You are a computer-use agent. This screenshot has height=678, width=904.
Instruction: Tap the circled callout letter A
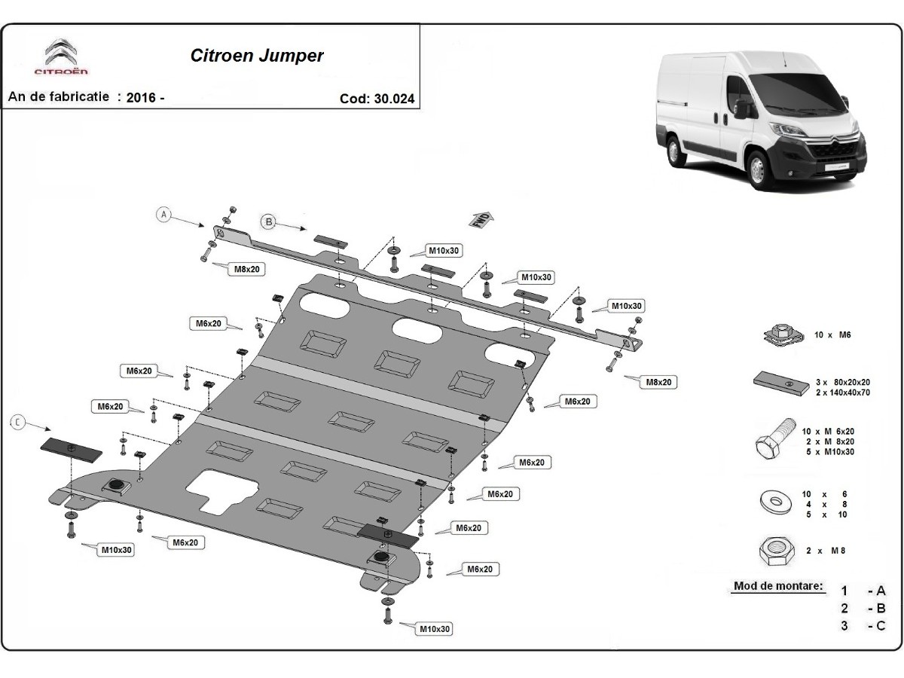(x=163, y=214)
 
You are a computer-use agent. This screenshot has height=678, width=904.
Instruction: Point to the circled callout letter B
(x=268, y=221)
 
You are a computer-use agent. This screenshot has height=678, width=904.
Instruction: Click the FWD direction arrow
(x=481, y=220)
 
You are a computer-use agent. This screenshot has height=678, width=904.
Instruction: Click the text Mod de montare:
(x=777, y=586)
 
